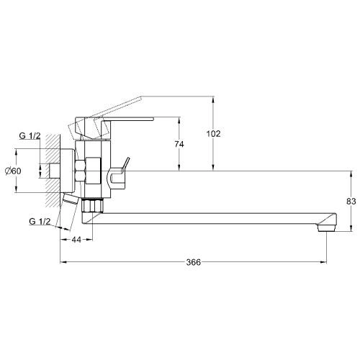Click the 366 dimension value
tap(193, 262)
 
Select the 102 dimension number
tap(213, 134)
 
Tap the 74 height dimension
tap(179, 144)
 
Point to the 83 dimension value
tap(351, 202)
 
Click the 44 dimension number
tap(76, 240)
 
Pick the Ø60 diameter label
tap(13, 171)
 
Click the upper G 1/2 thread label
tap(30, 136)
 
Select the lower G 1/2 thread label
tap(40, 221)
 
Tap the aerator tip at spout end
tap(326, 228)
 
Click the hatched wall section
tap(53, 171)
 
